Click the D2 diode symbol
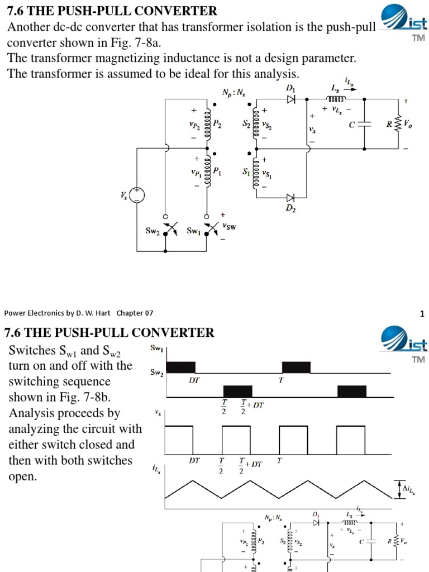(290, 198)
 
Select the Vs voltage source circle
(137, 195)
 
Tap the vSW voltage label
(228, 226)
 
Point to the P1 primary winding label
(217, 173)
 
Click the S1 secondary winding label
(246, 173)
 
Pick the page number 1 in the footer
(422, 313)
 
